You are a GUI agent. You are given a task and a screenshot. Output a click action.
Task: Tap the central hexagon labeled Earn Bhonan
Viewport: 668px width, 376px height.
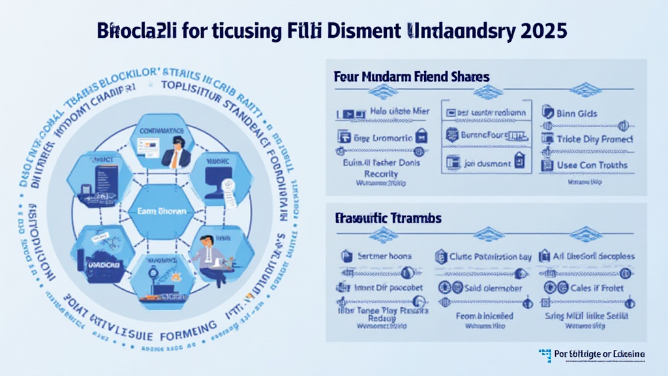160,211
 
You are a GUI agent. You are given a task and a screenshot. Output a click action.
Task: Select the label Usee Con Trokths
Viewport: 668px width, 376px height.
592,164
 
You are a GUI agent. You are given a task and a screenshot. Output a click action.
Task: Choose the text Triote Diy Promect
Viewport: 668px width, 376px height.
594,139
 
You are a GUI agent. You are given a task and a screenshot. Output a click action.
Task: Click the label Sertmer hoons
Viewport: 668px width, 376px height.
386,257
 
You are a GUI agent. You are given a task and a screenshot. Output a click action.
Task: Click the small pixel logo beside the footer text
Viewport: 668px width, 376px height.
545,354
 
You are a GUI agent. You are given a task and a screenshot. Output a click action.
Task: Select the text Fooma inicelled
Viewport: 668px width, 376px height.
484,315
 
